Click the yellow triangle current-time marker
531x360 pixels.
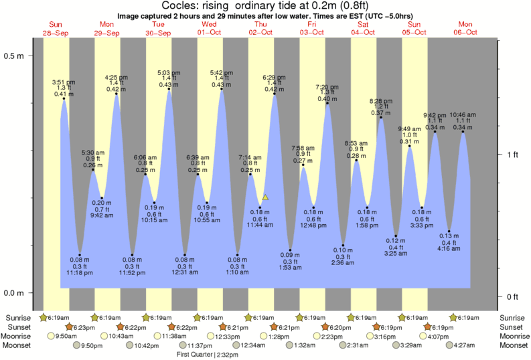(x=266, y=197)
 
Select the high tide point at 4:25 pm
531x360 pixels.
(x=117, y=94)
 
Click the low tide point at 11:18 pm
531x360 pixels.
(x=80, y=255)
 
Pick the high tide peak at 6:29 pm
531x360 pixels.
(x=274, y=94)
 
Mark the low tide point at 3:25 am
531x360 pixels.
(x=396, y=237)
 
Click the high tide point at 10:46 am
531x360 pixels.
(x=463, y=132)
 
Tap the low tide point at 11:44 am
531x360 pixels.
(x=260, y=207)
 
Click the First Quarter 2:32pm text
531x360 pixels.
(x=208, y=354)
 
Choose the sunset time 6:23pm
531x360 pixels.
(x=83, y=327)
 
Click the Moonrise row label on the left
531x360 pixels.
(x=19, y=336)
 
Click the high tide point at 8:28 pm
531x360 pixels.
(x=381, y=118)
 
